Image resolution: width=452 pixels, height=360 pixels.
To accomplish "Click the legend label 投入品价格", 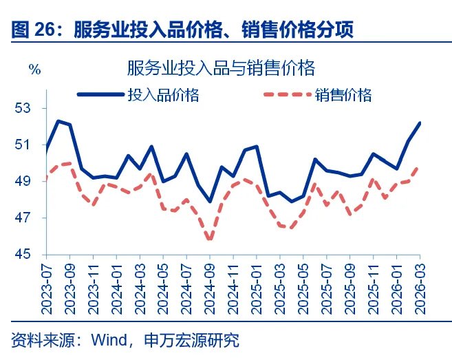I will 163,95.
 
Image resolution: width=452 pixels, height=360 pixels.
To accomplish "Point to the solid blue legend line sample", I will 100,95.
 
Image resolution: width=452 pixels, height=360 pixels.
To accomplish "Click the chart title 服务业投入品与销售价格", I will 221,68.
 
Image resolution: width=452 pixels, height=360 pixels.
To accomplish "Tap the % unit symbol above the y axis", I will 34,69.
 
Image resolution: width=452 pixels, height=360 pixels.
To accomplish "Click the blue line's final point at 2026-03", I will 419,123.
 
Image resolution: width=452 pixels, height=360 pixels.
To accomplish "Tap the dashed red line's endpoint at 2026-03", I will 419,167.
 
